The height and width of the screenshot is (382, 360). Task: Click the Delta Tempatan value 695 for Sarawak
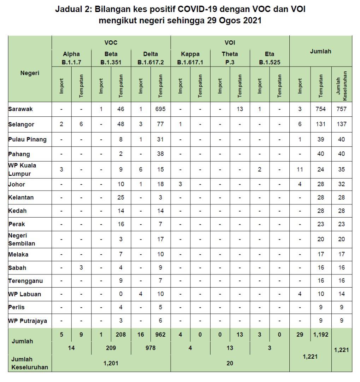[160, 109]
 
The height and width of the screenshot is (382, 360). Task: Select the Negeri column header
[30, 73]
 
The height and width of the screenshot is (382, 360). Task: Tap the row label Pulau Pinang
[27, 139]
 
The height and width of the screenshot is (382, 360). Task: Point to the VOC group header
[111, 43]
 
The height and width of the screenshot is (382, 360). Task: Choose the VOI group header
[230, 43]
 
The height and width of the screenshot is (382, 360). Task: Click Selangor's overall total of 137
[341, 124]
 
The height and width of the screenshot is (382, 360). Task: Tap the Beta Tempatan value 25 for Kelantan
[121, 197]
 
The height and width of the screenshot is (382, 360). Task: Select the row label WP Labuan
[25, 294]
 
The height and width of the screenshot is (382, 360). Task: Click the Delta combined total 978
[151, 348]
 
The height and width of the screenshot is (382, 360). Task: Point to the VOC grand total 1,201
[111, 363]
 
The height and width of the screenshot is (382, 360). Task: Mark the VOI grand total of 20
[230, 363]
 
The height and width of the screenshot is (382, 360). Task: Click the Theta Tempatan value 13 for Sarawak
[240, 109]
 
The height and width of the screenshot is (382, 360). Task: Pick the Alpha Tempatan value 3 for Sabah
[81, 268]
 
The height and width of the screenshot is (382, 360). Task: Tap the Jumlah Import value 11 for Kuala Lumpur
[300, 169]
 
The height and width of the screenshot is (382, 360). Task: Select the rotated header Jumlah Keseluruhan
[342, 85]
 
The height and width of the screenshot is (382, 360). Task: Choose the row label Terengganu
[25, 281]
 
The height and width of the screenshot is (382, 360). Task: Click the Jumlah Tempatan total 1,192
[321, 335]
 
